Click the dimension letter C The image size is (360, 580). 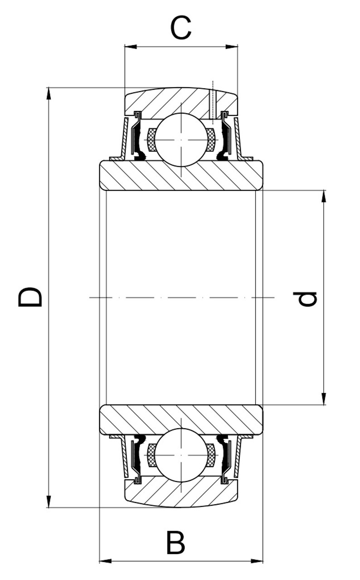click(181, 28)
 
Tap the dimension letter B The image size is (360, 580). click(175, 542)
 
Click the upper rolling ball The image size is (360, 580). click(181, 139)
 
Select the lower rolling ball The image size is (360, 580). click(181, 455)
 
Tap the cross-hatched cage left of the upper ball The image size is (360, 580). click(152, 140)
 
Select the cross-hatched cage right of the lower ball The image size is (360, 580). click(211, 455)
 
